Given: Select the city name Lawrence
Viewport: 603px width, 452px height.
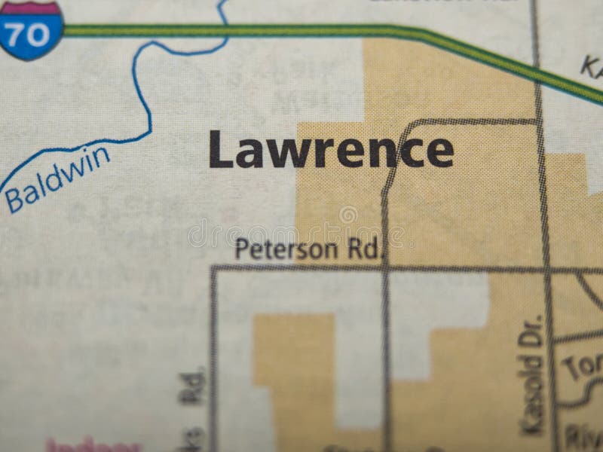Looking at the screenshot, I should pyautogui.click(x=331, y=149).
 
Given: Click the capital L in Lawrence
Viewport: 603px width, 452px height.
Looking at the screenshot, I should pyautogui.click(x=219, y=149).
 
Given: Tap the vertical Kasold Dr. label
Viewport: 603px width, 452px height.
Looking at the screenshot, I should pyautogui.click(x=532, y=374).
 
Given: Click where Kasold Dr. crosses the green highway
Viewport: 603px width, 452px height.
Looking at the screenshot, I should pyautogui.click(x=537, y=71).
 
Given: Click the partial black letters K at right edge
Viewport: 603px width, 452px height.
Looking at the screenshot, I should pyautogui.click(x=592, y=66).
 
